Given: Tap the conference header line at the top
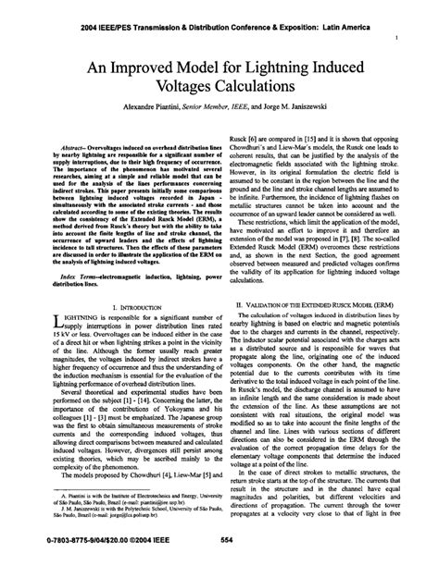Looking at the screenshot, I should tap(220, 14).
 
